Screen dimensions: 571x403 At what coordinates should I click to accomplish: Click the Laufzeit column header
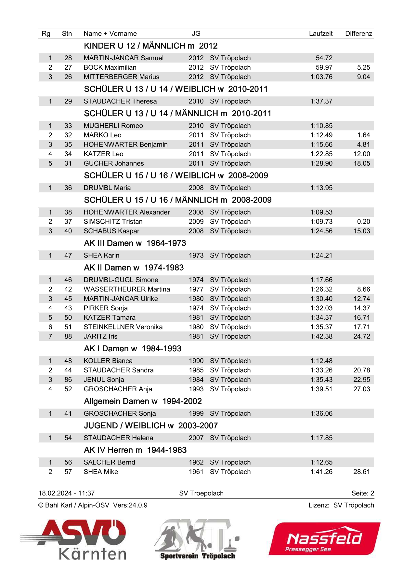tap(320, 34)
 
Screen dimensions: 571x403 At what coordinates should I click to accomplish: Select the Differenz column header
tap(358, 34)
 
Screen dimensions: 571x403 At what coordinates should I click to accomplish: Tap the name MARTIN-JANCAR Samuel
tap(123, 58)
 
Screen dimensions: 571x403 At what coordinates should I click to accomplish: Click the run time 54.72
tap(324, 58)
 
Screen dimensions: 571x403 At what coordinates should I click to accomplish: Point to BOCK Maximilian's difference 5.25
tap(363, 67)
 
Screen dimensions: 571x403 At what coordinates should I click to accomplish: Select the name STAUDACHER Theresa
tap(120, 101)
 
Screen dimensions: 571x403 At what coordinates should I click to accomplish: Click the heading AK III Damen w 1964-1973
tap(135, 243)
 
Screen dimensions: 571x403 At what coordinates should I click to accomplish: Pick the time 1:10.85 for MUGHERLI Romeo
tap(321, 126)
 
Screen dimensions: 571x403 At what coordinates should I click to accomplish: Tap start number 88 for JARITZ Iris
tap(68, 336)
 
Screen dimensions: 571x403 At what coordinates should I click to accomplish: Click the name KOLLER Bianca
tap(108, 361)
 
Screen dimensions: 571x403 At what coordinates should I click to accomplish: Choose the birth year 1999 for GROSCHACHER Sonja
tap(196, 413)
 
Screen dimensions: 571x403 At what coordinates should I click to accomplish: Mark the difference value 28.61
tap(361, 472)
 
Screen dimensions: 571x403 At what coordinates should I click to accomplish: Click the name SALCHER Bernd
tap(109, 462)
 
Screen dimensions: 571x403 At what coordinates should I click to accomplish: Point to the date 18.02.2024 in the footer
tap(55, 493)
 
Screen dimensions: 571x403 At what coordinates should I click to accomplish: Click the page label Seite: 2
tap(362, 493)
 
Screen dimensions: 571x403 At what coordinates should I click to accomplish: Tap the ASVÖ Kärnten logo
tap(78, 539)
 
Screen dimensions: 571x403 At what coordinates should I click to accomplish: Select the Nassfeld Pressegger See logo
tap(324, 539)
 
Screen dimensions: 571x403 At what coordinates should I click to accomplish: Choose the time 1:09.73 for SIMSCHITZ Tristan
tap(321, 222)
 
